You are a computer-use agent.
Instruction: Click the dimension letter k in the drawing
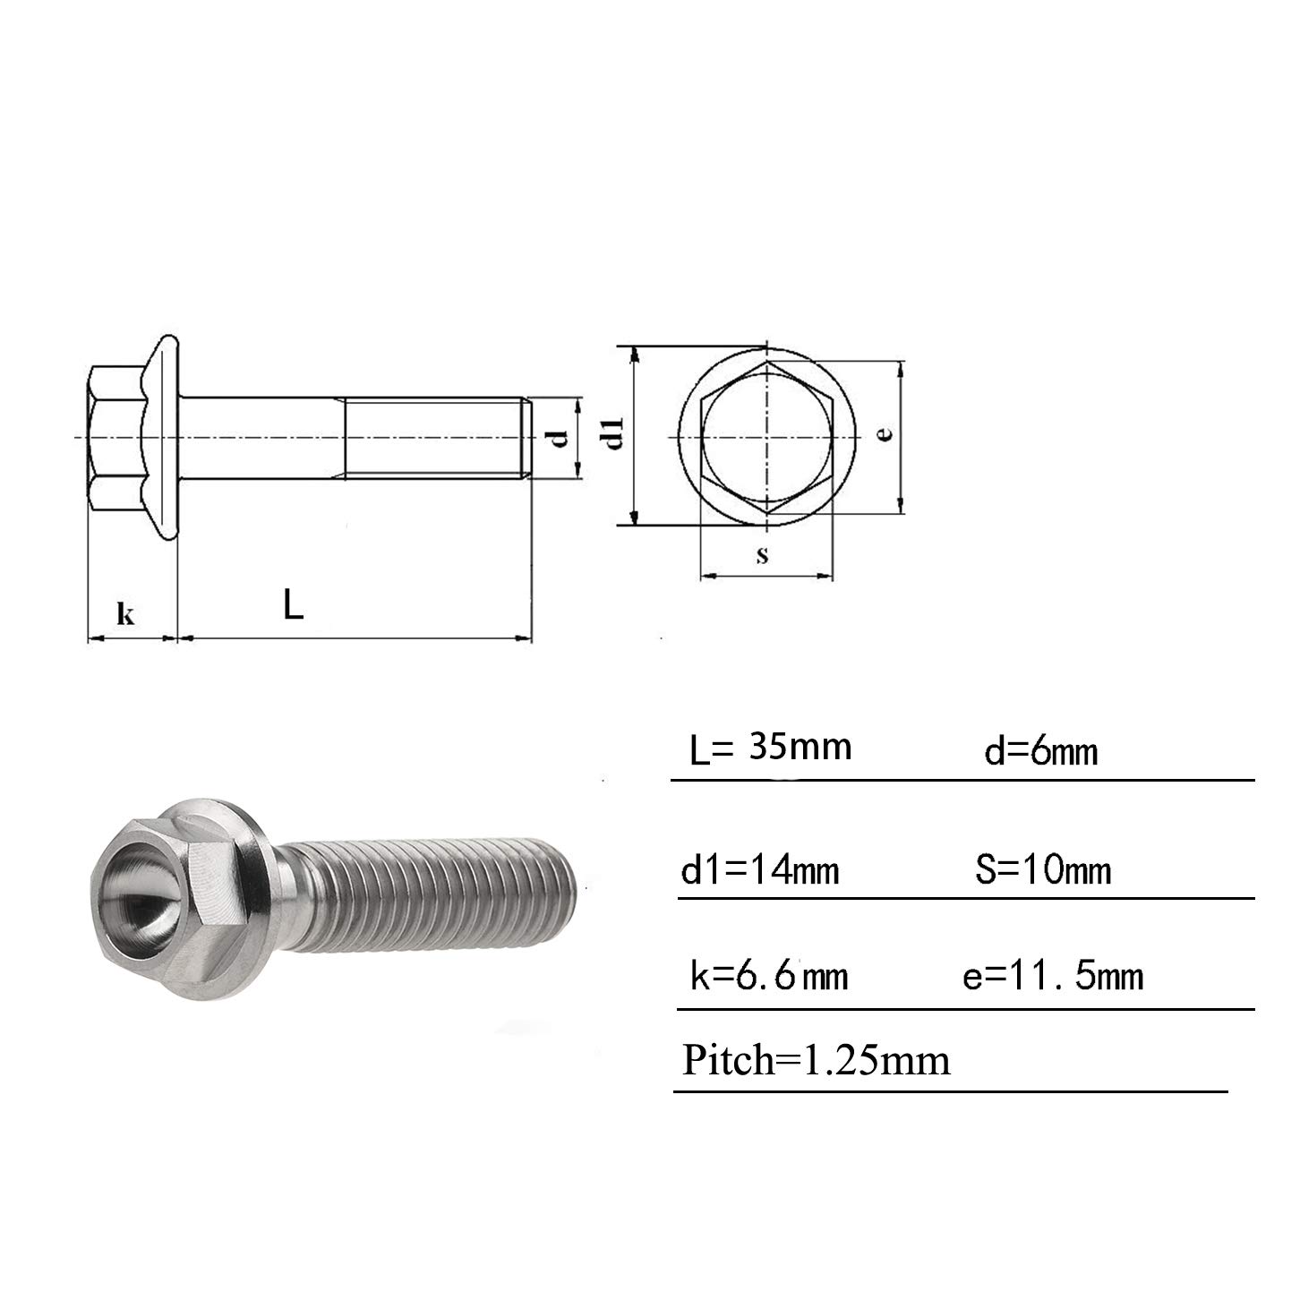point(125,613)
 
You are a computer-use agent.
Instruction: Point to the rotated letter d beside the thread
point(560,438)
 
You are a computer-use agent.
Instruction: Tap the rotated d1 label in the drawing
point(614,434)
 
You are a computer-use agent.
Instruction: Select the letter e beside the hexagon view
point(885,432)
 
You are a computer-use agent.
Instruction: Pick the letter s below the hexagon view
point(762,554)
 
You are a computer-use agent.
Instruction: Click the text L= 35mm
point(771,748)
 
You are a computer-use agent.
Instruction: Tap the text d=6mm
point(1041,751)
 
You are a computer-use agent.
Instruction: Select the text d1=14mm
point(759,870)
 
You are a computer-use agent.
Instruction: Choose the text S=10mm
point(1043,869)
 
